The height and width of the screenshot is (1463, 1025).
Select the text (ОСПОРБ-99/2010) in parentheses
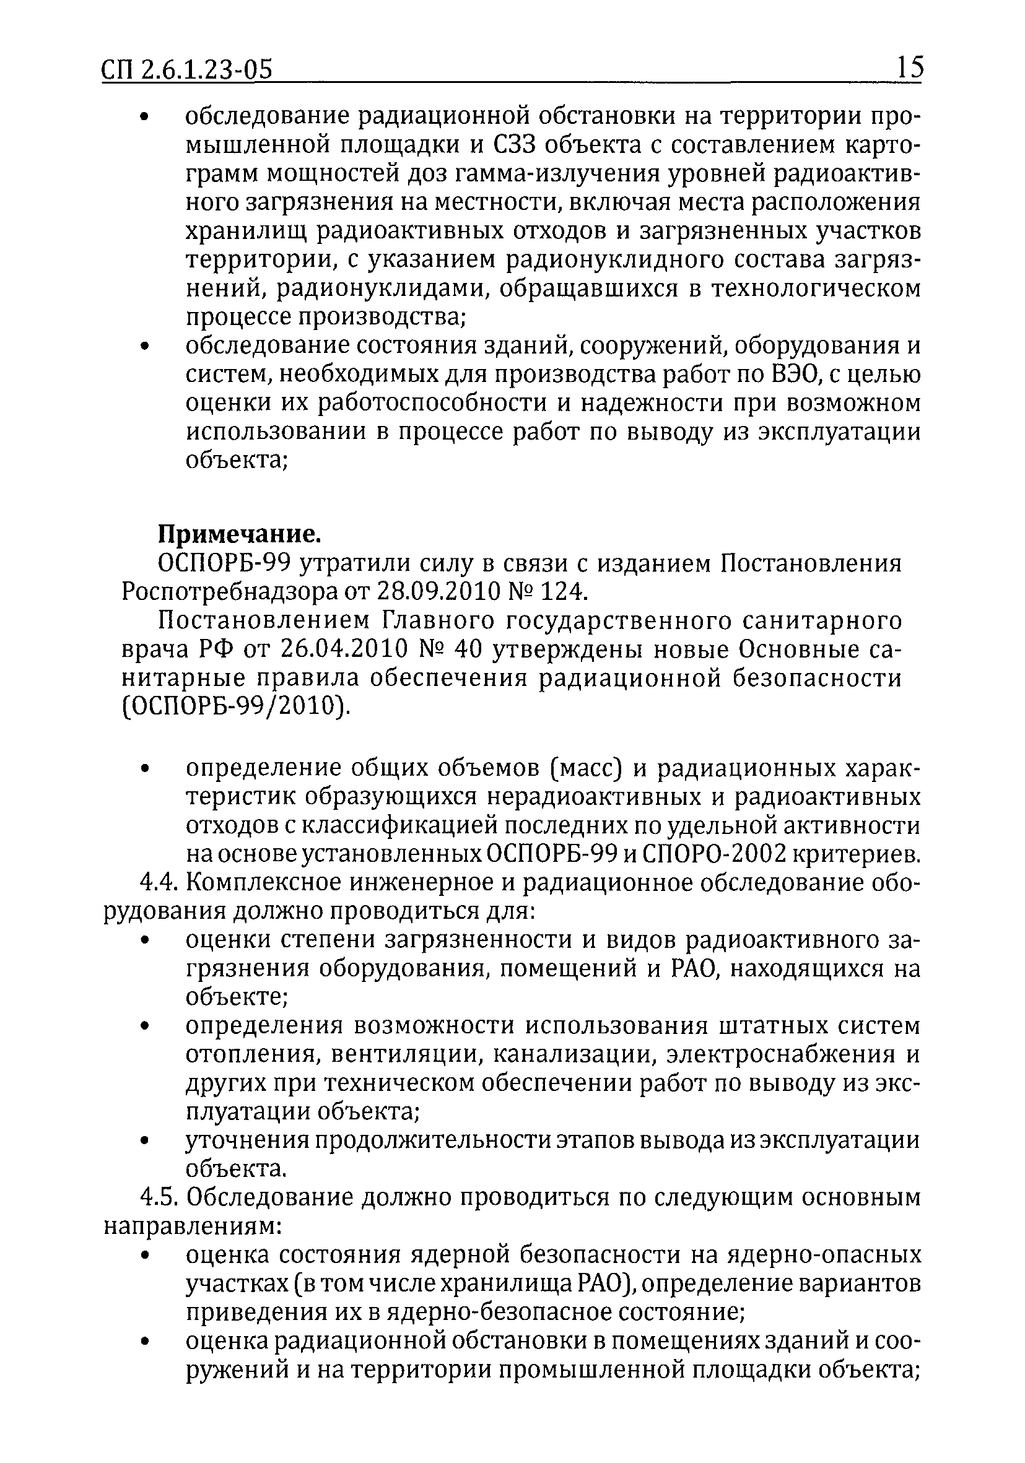(x=235, y=706)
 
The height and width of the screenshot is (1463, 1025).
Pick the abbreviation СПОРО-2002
(x=713, y=854)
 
